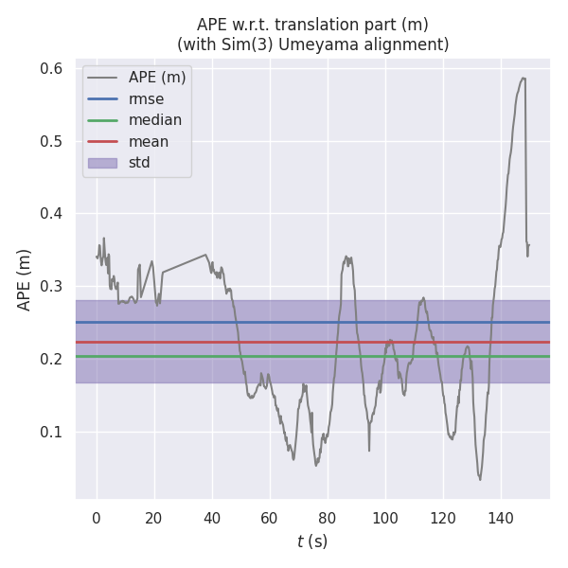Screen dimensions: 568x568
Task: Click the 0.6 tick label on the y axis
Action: point(52,68)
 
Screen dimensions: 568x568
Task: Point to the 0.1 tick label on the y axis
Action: point(52,432)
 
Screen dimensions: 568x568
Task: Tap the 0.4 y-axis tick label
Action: point(52,214)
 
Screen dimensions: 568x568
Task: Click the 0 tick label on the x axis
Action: point(97,517)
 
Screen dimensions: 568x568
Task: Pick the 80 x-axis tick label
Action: point(328,517)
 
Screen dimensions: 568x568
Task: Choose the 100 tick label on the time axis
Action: point(385,517)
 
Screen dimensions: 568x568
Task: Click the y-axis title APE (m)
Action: point(25,279)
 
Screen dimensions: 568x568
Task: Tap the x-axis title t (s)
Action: point(312,541)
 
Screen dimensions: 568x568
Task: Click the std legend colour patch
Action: point(102,163)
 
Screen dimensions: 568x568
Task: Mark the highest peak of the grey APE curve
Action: point(523,78)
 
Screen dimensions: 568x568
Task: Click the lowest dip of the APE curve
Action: point(480,479)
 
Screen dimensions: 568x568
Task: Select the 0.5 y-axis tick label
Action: point(52,141)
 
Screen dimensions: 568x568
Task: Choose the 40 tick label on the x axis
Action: point(212,517)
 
